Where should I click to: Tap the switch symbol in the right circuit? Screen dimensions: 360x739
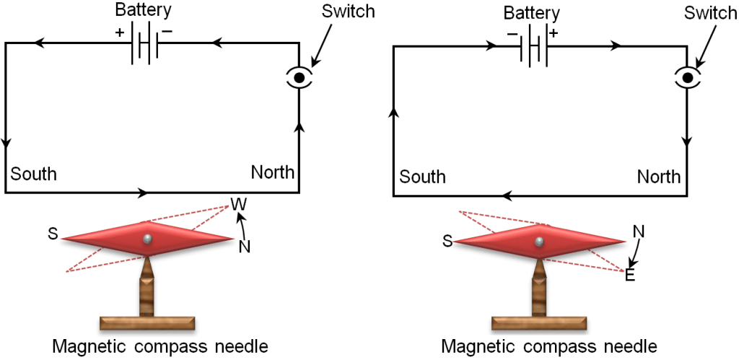pyautogui.click(x=687, y=78)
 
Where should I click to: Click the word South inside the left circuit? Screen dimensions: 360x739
pyautogui.click(x=34, y=174)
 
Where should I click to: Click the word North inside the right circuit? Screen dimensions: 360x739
pyautogui.click(x=659, y=176)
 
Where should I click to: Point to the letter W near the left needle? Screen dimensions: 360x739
pyautogui.click(x=237, y=203)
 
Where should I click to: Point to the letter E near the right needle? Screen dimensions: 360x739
pyautogui.click(x=629, y=275)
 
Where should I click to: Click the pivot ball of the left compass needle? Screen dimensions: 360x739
pyautogui.click(x=147, y=239)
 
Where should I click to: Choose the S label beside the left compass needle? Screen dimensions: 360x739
pyautogui.click(x=53, y=234)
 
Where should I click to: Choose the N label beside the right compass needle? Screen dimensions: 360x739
pyautogui.click(x=638, y=232)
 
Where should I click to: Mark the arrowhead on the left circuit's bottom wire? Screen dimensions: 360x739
pyautogui.click(x=144, y=193)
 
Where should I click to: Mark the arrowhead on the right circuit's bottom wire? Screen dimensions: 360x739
pyautogui.click(x=505, y=196)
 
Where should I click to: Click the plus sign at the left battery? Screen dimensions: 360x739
pyautogui.click(x=117, y=32)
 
